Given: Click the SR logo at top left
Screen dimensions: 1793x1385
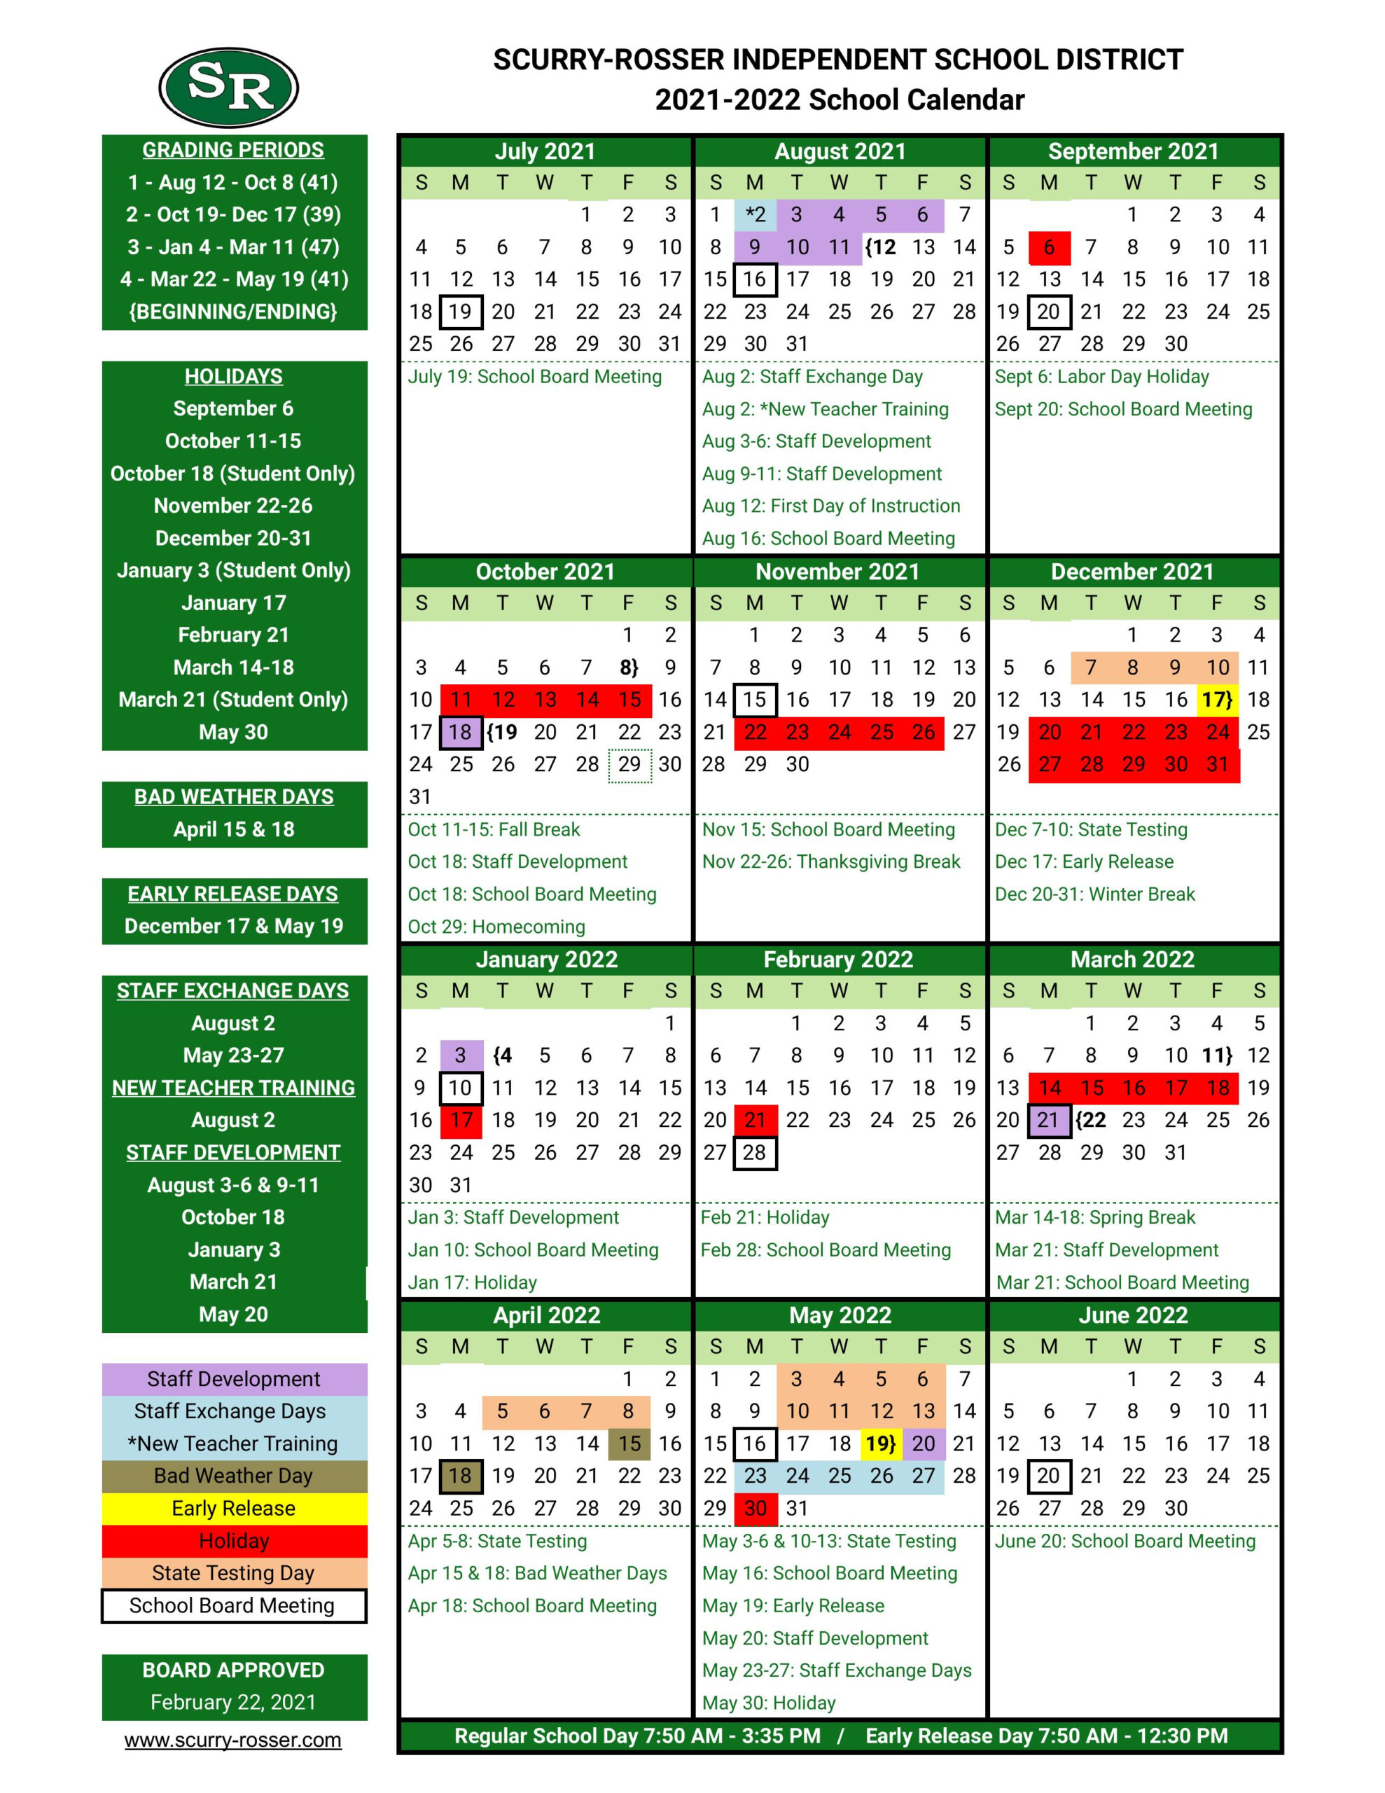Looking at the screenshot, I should point(228,87).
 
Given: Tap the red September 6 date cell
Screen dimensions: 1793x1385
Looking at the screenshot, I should point(1048,247).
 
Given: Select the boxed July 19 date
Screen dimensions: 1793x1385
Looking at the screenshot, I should point(460,312).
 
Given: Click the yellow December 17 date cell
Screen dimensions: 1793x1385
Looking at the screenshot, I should point(1217,700).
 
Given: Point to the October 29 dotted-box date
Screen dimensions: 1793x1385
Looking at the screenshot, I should point(629,764).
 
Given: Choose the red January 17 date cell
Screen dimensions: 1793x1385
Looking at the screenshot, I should point(461,1120).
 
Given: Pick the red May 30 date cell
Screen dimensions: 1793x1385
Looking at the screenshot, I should point(755,1508).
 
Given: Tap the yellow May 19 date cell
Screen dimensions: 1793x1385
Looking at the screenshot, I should point(880,1444).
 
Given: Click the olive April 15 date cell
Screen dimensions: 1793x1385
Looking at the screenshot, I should point(629,1444).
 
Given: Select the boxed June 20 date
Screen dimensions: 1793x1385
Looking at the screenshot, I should point(1048,1475).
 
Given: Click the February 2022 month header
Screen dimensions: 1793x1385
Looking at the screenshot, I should point(838,959).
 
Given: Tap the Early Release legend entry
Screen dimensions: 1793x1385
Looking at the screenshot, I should point(234,1508).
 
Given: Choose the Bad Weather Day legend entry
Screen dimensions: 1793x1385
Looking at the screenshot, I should point(234,1475).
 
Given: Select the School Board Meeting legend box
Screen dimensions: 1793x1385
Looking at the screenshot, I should point(234,1605).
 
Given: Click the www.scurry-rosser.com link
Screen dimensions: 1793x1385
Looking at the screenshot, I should point(233,1739).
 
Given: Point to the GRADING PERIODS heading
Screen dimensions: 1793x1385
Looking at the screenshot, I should point(233,151).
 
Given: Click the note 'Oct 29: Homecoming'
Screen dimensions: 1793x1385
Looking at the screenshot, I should point(496,926).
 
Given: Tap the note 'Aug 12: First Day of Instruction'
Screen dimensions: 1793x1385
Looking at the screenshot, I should point(831,506).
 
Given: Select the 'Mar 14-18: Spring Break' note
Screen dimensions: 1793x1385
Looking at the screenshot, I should point(1095,1217).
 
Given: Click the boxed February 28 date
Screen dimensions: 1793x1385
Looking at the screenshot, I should point(755,1153).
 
